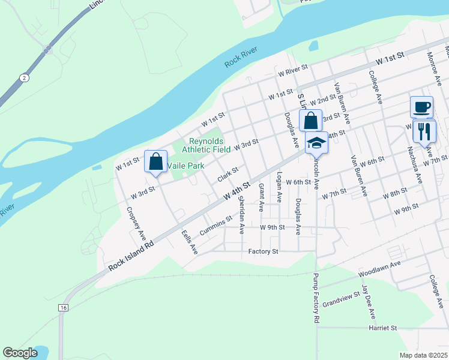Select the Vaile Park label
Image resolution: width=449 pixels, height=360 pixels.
click(186, 166)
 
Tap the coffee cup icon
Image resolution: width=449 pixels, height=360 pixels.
click(421, 107)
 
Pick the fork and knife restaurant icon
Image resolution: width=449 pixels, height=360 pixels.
click(424, 131)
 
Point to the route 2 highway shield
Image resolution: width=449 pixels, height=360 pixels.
click(23, 78)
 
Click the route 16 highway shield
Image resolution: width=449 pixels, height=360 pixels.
click(64, 307)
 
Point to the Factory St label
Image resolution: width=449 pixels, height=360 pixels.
click(264, 251)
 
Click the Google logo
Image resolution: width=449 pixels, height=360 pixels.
click(20, 353)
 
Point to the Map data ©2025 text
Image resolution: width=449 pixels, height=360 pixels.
click(423, 355)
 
